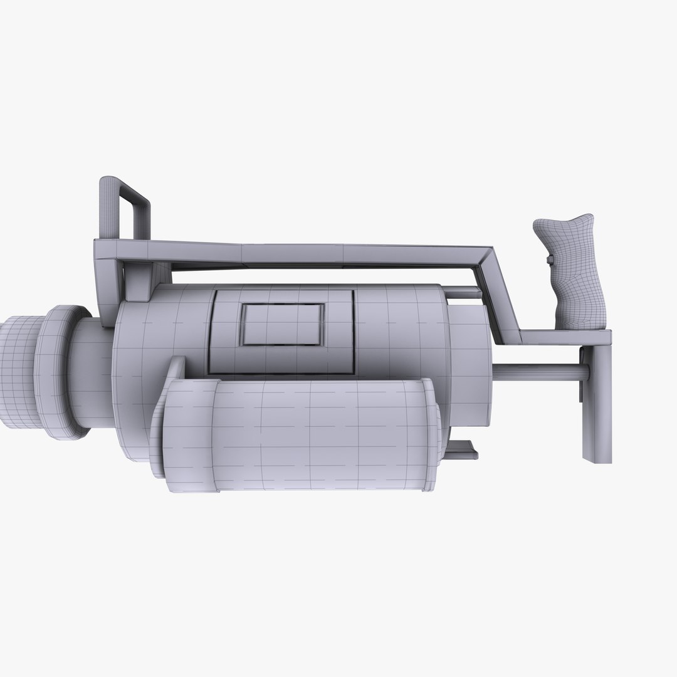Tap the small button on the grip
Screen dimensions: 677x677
550,260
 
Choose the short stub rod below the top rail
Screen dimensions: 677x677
464,291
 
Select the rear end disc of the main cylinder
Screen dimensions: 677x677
470,370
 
